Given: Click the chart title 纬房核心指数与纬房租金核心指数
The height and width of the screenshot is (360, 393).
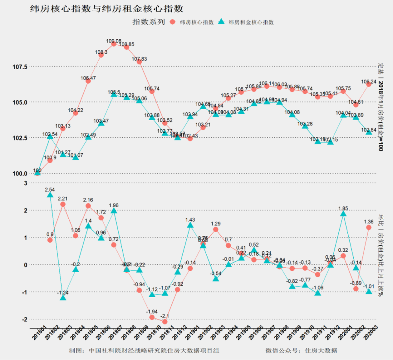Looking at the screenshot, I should (x=107, y=9).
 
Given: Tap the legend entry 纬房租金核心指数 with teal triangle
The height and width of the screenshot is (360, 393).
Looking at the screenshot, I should (x=246, y=22).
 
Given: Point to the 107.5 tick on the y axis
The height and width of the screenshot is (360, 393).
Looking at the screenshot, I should (x=19, y=67).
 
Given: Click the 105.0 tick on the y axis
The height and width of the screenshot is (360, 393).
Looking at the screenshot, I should (x=19, y=102).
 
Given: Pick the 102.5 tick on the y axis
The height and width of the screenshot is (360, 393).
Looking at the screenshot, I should (x=19, y=138).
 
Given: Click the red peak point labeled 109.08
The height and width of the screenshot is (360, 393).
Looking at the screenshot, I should (x=114, y=44).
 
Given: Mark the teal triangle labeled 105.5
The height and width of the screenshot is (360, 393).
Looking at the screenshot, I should (x=114, y=94).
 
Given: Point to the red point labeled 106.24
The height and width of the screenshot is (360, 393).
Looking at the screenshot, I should (x=369, y=84).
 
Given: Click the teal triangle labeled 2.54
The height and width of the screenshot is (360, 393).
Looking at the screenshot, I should (x=50, y=195).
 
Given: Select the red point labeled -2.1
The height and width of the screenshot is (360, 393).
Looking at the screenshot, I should (x=165, y=322).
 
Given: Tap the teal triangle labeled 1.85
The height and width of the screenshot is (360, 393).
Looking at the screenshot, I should (x=343, y=214).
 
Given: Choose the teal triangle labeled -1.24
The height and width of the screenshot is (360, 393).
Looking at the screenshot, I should (x=63, y=298).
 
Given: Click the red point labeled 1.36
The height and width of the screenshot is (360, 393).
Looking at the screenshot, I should (x=369, y=227).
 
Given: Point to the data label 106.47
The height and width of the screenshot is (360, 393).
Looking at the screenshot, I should (x=88, y=78).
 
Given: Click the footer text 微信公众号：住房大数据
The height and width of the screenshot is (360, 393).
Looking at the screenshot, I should (x=301, y=350).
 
